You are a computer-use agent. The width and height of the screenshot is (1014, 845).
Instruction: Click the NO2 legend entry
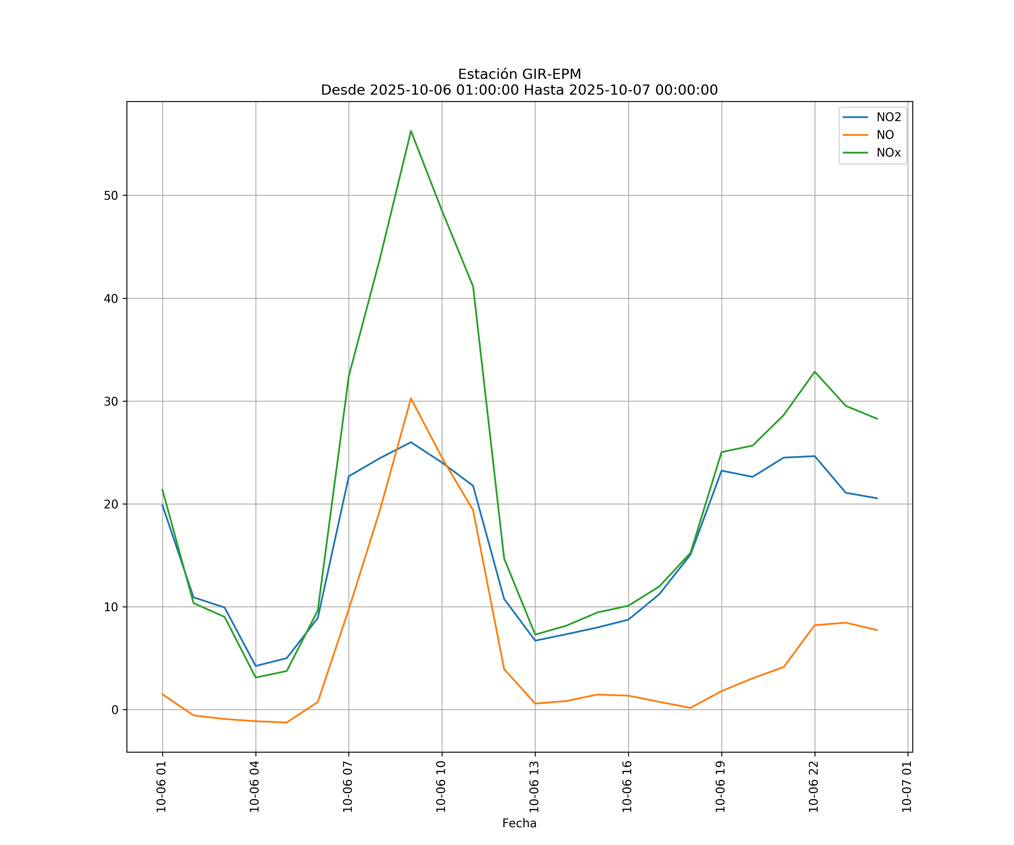click(x=888, y=117)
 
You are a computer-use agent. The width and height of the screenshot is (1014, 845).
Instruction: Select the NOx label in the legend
click(x=888, y=153)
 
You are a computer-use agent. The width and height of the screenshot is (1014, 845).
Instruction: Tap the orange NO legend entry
click(x=885, y=135)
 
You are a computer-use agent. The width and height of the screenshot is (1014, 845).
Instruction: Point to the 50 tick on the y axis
click(x=111, y=195)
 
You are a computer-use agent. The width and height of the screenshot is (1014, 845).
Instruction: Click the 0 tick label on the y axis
click(x=115, y=710)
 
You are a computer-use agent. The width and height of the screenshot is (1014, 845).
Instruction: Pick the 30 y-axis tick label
click(x=111, y=401)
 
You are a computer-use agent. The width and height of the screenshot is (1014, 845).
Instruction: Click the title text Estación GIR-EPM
click(x=519, y=74)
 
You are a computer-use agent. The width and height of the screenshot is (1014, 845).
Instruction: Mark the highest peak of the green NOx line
click(x=411, y=131)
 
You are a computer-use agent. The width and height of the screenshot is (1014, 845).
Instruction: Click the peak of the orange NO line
click(x=411, y=398)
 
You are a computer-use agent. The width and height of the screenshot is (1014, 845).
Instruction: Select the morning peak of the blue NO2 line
click(x=411, y=442)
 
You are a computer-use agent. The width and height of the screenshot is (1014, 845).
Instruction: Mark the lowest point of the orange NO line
click(x=286, y=722)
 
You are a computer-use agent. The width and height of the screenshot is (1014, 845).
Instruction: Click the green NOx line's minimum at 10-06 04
click(x=256, y=677)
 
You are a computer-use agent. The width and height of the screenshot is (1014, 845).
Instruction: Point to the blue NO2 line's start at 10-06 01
click(x=163, y=505)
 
